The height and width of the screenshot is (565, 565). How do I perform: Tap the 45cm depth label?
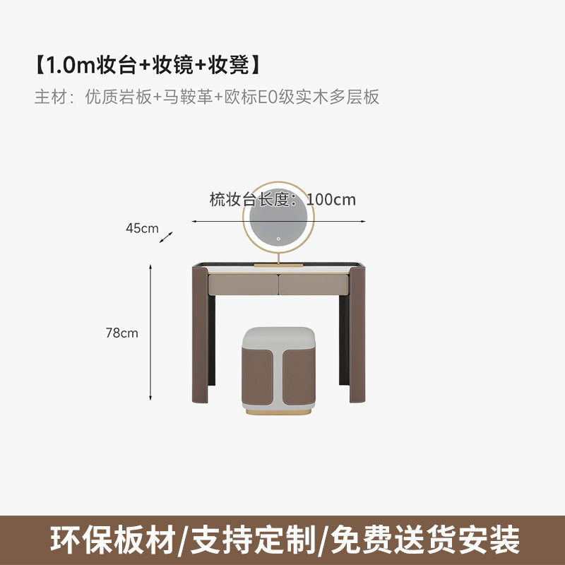[142, 228]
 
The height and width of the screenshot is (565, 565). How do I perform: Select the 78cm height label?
[122, 333]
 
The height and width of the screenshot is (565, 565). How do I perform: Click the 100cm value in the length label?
[332, 200]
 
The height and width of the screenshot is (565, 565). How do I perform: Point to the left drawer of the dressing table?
[242, 283]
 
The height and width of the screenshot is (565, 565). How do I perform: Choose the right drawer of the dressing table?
[314, 283]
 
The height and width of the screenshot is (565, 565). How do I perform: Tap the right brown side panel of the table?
[357, 332]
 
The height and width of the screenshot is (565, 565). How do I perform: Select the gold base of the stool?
[278, 410]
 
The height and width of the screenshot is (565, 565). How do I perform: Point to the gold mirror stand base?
[278, 264]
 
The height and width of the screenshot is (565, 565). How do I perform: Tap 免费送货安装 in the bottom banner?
[422, 539]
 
